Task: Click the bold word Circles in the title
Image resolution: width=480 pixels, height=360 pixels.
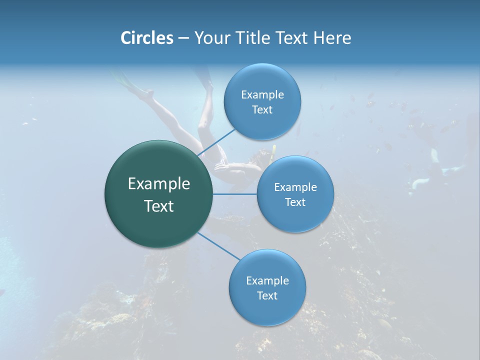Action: click(x=146, y=38)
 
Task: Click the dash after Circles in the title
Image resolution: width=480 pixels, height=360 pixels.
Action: click(x=183, y=38)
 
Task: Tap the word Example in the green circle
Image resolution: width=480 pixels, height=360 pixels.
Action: click(x=159, y=184)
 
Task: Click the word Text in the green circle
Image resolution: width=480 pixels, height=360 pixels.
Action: click(x=159, y=206)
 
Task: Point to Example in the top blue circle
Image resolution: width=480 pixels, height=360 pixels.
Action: click(x=262, y=95)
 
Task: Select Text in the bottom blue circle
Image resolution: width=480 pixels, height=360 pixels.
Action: click(x=267, y=295)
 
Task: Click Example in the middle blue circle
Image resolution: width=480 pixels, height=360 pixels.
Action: click(x=295, y=187)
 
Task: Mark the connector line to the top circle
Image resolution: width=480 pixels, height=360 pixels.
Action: click(x=216, y=142)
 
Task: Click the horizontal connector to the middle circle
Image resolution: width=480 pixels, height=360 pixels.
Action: click(x=235, y=194)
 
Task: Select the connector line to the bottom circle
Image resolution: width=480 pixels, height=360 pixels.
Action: click(x=218, y=246)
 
